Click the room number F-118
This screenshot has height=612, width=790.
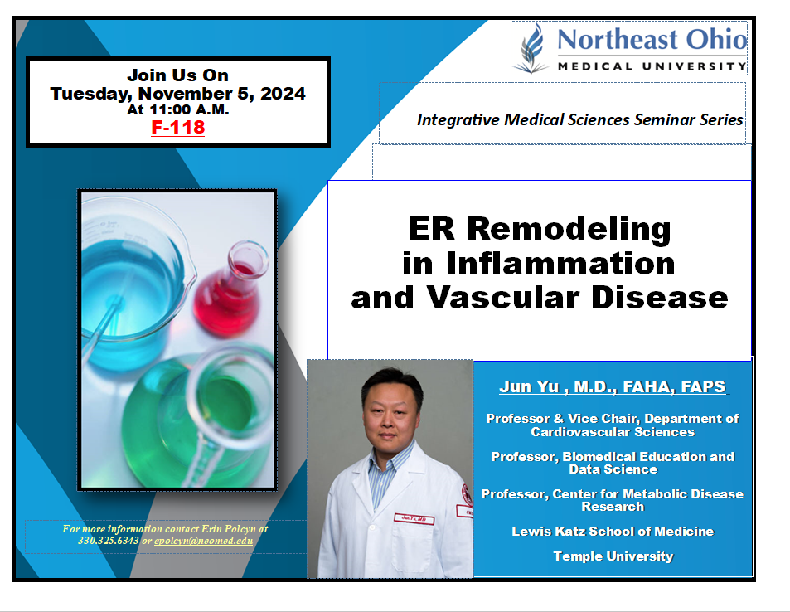(x=178, y=127)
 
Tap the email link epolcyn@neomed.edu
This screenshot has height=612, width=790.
(x=204, y=541)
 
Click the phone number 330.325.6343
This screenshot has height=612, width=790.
(x=109, y=541)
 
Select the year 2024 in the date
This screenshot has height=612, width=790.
(x=283, y=94)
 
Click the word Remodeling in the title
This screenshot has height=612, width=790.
(x=569, y=229)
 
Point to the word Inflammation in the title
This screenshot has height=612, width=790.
(x=560, y=263)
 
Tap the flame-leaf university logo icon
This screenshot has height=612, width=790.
(x=531, y=48)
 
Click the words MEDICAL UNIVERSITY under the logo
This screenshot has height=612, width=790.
(x=652, y=66)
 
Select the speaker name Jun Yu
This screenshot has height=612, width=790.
(x=529, y=386)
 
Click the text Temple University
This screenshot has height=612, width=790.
(x=613, y=556)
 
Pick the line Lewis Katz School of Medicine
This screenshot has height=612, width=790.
(x=613, y=532)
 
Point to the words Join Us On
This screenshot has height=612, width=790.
(x=178, y=75)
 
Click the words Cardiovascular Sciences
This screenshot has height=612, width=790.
(x=613, y=432)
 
